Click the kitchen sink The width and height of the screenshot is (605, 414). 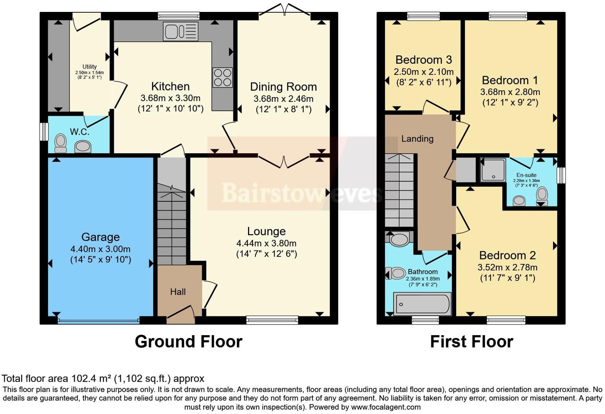pos(181,31)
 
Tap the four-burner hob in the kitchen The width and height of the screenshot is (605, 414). pos(222,78)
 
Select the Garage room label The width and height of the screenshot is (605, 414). pos(100,237)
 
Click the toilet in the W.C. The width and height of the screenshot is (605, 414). pos(61,143)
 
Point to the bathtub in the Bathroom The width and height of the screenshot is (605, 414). pos(422,304)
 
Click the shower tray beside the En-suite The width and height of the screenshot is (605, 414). pos(493,170)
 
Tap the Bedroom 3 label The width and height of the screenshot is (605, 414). pos(423,60)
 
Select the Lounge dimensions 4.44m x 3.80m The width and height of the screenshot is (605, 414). pos(266,243)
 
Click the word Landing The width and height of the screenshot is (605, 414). pos(417,139)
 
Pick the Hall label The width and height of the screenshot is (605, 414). pos(178,292)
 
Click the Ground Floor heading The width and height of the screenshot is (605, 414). pos(189,342)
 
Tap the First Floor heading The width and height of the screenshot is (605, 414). pos(472,342)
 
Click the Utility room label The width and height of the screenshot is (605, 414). pos(90,66)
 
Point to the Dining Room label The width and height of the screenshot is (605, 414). pos(283,87)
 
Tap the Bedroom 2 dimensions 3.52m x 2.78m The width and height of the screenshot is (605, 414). pos(507,268)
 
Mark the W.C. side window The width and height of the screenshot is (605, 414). pos(44,132)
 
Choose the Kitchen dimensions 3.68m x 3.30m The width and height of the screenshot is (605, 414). pos(170,98)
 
